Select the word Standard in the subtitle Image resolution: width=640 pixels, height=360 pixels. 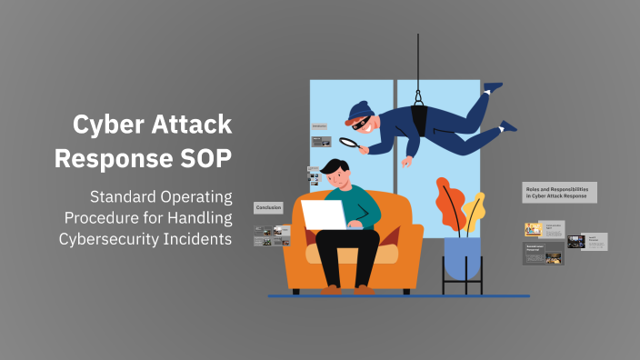coord(122,197)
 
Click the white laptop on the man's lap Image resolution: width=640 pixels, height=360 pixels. coord(324,215)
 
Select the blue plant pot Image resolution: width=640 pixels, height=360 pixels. coord(462,251)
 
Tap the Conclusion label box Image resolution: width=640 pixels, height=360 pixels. coord(268,207)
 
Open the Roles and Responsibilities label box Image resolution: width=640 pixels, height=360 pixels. coord(559,191)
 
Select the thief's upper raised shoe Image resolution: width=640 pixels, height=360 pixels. coord(493,87)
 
